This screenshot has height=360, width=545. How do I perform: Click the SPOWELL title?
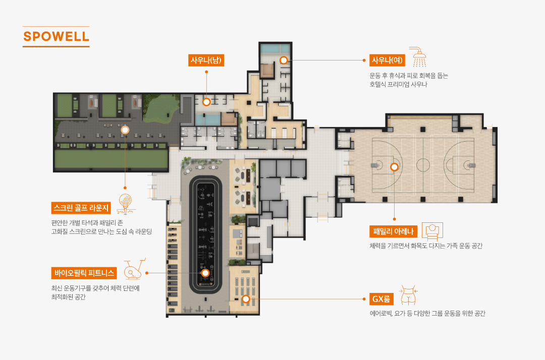56,36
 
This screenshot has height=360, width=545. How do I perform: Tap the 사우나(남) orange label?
206,61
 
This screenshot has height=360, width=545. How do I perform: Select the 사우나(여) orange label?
387,61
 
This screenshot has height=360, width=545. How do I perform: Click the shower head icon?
418,57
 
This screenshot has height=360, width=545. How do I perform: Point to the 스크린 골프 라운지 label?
81,208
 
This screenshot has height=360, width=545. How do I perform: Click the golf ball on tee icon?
126,204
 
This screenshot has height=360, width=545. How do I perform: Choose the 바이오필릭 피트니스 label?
84,273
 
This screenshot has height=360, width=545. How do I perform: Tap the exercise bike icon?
134,269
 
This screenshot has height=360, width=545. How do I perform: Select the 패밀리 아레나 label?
393,231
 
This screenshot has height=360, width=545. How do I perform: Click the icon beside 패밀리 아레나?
432,231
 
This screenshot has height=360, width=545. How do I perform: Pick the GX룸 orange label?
381,299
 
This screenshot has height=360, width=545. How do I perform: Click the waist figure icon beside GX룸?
408,295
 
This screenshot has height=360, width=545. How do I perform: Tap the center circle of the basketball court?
423,165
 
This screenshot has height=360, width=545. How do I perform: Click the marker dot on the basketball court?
394,167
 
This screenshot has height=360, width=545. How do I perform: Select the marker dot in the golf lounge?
125,130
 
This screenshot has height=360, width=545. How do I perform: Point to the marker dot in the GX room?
246,299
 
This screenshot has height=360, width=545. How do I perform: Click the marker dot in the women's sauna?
284,60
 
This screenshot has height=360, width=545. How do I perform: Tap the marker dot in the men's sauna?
206,102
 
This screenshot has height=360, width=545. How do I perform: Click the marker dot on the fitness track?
205,273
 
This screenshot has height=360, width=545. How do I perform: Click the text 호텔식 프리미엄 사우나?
398,84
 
